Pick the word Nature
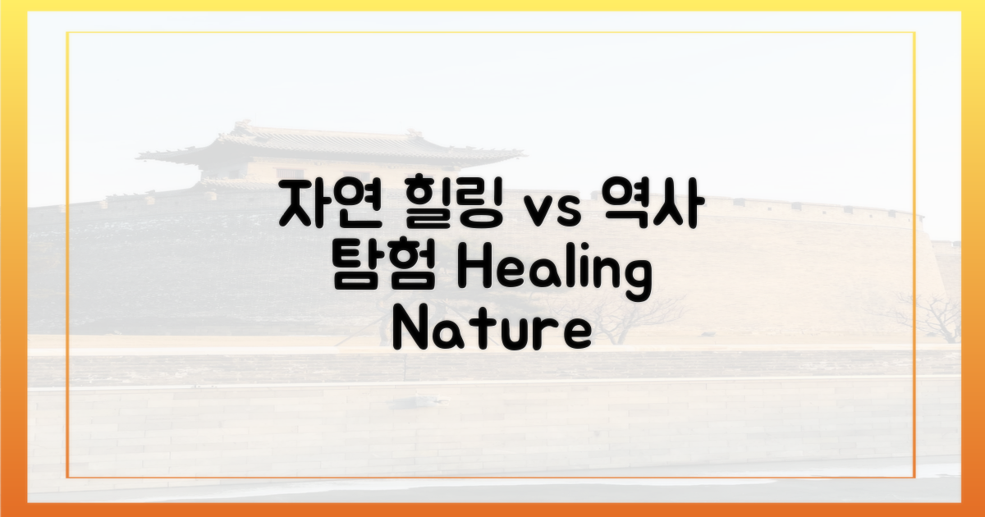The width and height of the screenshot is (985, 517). coord(491,331)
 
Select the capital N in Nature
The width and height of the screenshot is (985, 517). coord(409,330)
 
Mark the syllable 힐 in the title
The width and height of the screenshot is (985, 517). coord(420,207)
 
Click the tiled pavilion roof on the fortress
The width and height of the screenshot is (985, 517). coord(328,148)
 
